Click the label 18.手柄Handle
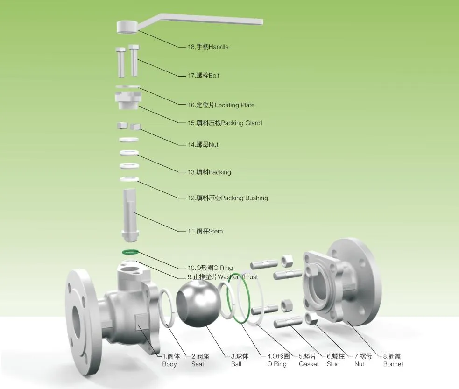(x=208, y=47)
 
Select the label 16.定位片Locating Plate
(x=221, y=106)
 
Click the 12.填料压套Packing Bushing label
(x=227, y=198)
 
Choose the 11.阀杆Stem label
(x=205, y=231)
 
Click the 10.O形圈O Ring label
(x=210, y=268)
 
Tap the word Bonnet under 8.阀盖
(x=393, y=364)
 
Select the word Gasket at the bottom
(x=309, y=364)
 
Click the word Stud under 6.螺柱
(x=333, y=364)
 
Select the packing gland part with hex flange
(x=127, y=99)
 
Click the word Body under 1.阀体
(x=169, y=364)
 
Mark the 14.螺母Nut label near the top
(x=203, y=145)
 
